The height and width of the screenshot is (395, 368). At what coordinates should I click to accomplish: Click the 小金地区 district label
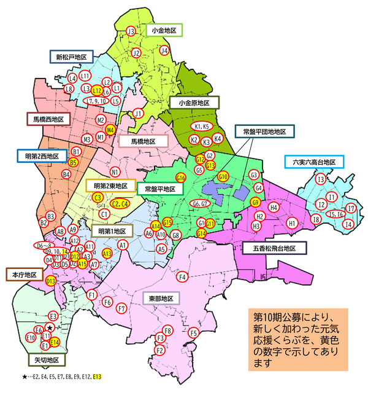[164, 30]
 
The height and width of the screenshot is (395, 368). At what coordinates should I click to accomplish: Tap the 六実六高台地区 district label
[313, 162]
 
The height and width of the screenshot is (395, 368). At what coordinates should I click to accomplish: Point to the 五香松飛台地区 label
[277, 249]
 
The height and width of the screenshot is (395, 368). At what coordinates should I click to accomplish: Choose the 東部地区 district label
[161, 299]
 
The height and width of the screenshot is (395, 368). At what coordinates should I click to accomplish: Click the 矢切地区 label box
[45, 359]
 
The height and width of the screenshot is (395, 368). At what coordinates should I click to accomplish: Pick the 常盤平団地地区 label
[264, 131]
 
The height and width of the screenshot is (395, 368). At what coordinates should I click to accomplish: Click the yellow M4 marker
[110, 130]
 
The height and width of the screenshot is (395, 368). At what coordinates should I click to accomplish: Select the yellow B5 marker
[73, 162]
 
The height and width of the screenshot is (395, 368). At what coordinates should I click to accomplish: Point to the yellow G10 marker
[223, 177]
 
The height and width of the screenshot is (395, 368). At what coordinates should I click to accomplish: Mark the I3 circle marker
[320, 179]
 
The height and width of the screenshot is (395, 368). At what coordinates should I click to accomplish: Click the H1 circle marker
[292, 225]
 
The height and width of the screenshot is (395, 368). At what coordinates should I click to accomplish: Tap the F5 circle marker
[194, 333]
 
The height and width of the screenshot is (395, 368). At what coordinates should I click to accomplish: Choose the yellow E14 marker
[54, 342]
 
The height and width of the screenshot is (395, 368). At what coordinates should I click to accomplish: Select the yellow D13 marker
[51, 281]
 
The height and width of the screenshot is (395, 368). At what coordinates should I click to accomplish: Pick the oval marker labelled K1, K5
[202, 127]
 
